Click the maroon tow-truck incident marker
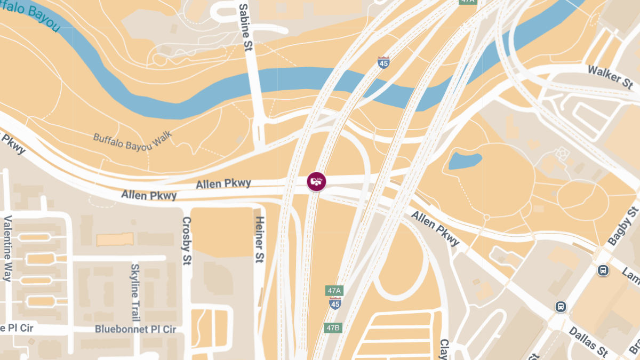pos(316,181)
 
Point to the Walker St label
pos(610,77)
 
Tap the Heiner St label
pos(259,239)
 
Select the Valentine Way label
pos(7,248)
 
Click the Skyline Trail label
pos(135,292)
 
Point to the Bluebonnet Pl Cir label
pos(135,329)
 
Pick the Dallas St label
pos(588,341)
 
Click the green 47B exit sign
pos(332,327)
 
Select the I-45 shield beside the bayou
pos(383,62)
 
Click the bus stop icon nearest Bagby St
pos(603,270)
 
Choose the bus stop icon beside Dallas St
pos(560,307)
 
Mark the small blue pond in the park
pos(465,159)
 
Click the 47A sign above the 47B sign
pos(334,291)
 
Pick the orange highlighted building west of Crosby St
pos(115,239)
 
